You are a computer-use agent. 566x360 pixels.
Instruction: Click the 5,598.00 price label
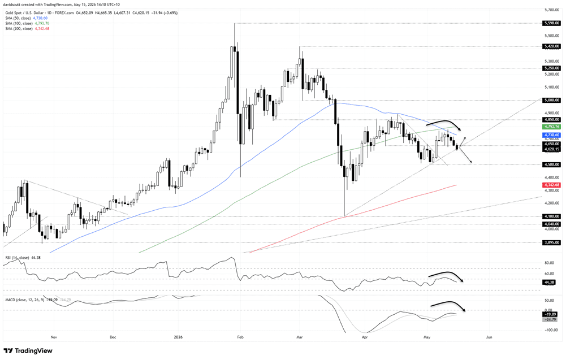click(551, 23)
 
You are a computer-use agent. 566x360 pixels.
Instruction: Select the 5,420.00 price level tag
click(551, 46)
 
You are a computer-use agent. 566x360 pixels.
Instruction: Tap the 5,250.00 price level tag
click(551, 68)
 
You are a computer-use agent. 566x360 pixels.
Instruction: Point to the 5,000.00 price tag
click(551, 100)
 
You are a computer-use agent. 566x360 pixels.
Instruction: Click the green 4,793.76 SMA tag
click(551, 127)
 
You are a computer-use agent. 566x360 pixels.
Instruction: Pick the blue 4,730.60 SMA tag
click(551, 135)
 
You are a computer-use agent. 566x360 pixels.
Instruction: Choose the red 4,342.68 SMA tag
click(551, 185)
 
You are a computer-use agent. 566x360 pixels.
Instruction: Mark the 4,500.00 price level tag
click(551, 164)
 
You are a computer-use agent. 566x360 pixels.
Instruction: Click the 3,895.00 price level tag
click(551, 242)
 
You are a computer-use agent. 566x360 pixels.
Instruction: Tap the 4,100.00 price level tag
click(551, 216)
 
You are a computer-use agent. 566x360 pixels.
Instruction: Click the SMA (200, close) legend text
click(19, 28)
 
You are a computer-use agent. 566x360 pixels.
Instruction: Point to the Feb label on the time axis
click(240, 337)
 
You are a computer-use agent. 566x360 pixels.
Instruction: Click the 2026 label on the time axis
click(178, 337)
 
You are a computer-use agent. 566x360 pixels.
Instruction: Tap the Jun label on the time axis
click(489, 337)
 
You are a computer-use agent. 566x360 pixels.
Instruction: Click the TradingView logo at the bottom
click(28, 350)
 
